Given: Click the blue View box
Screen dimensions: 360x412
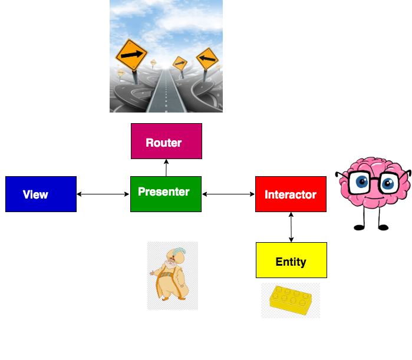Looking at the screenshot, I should coord(41,194).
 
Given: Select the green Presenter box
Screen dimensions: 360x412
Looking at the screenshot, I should coord(166,194).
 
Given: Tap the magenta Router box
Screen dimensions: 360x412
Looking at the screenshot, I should coord(166,141).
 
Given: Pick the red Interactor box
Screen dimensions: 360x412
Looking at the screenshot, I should coord(291,194).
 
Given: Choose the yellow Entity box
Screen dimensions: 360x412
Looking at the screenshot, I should coord(291,260).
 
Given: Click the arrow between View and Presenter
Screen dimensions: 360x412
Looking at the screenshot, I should coord(103,194).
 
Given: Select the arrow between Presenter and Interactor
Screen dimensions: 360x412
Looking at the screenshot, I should coord(228,194).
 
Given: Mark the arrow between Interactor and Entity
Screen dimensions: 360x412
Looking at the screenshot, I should coord(291,227).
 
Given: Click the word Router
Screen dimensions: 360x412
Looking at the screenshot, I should coord(164,143).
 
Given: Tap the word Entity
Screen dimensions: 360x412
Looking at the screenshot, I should coord(291,262).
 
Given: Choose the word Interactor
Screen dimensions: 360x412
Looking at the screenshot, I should coord(291,194).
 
